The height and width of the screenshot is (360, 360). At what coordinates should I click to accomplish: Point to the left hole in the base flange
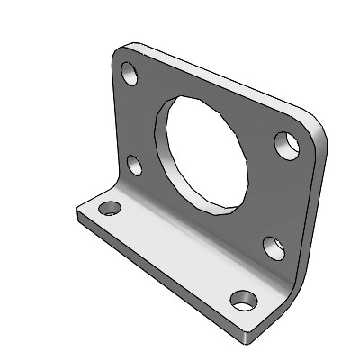pyautogui.click(x=110, y=208)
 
